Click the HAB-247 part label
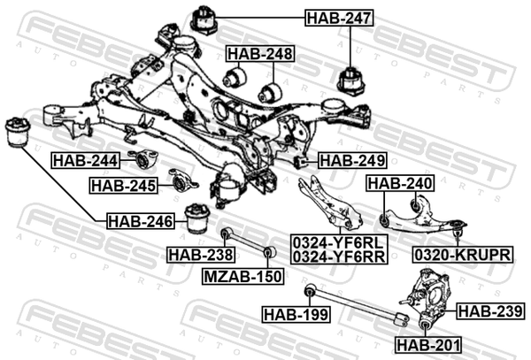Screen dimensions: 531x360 click(339, 18)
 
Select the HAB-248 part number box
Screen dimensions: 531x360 click(260, 53)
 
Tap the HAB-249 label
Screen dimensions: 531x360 click(352, 160)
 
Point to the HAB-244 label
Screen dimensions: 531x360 click(86, 160)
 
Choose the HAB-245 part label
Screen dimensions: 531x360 click(124, 186)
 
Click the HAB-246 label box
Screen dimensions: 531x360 click(141, 221)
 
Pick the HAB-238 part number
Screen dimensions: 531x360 click(201, 255)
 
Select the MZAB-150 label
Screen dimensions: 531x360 click(243, 277)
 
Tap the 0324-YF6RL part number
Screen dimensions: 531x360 click(339, 242)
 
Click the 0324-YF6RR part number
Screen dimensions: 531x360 click(339, 257)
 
